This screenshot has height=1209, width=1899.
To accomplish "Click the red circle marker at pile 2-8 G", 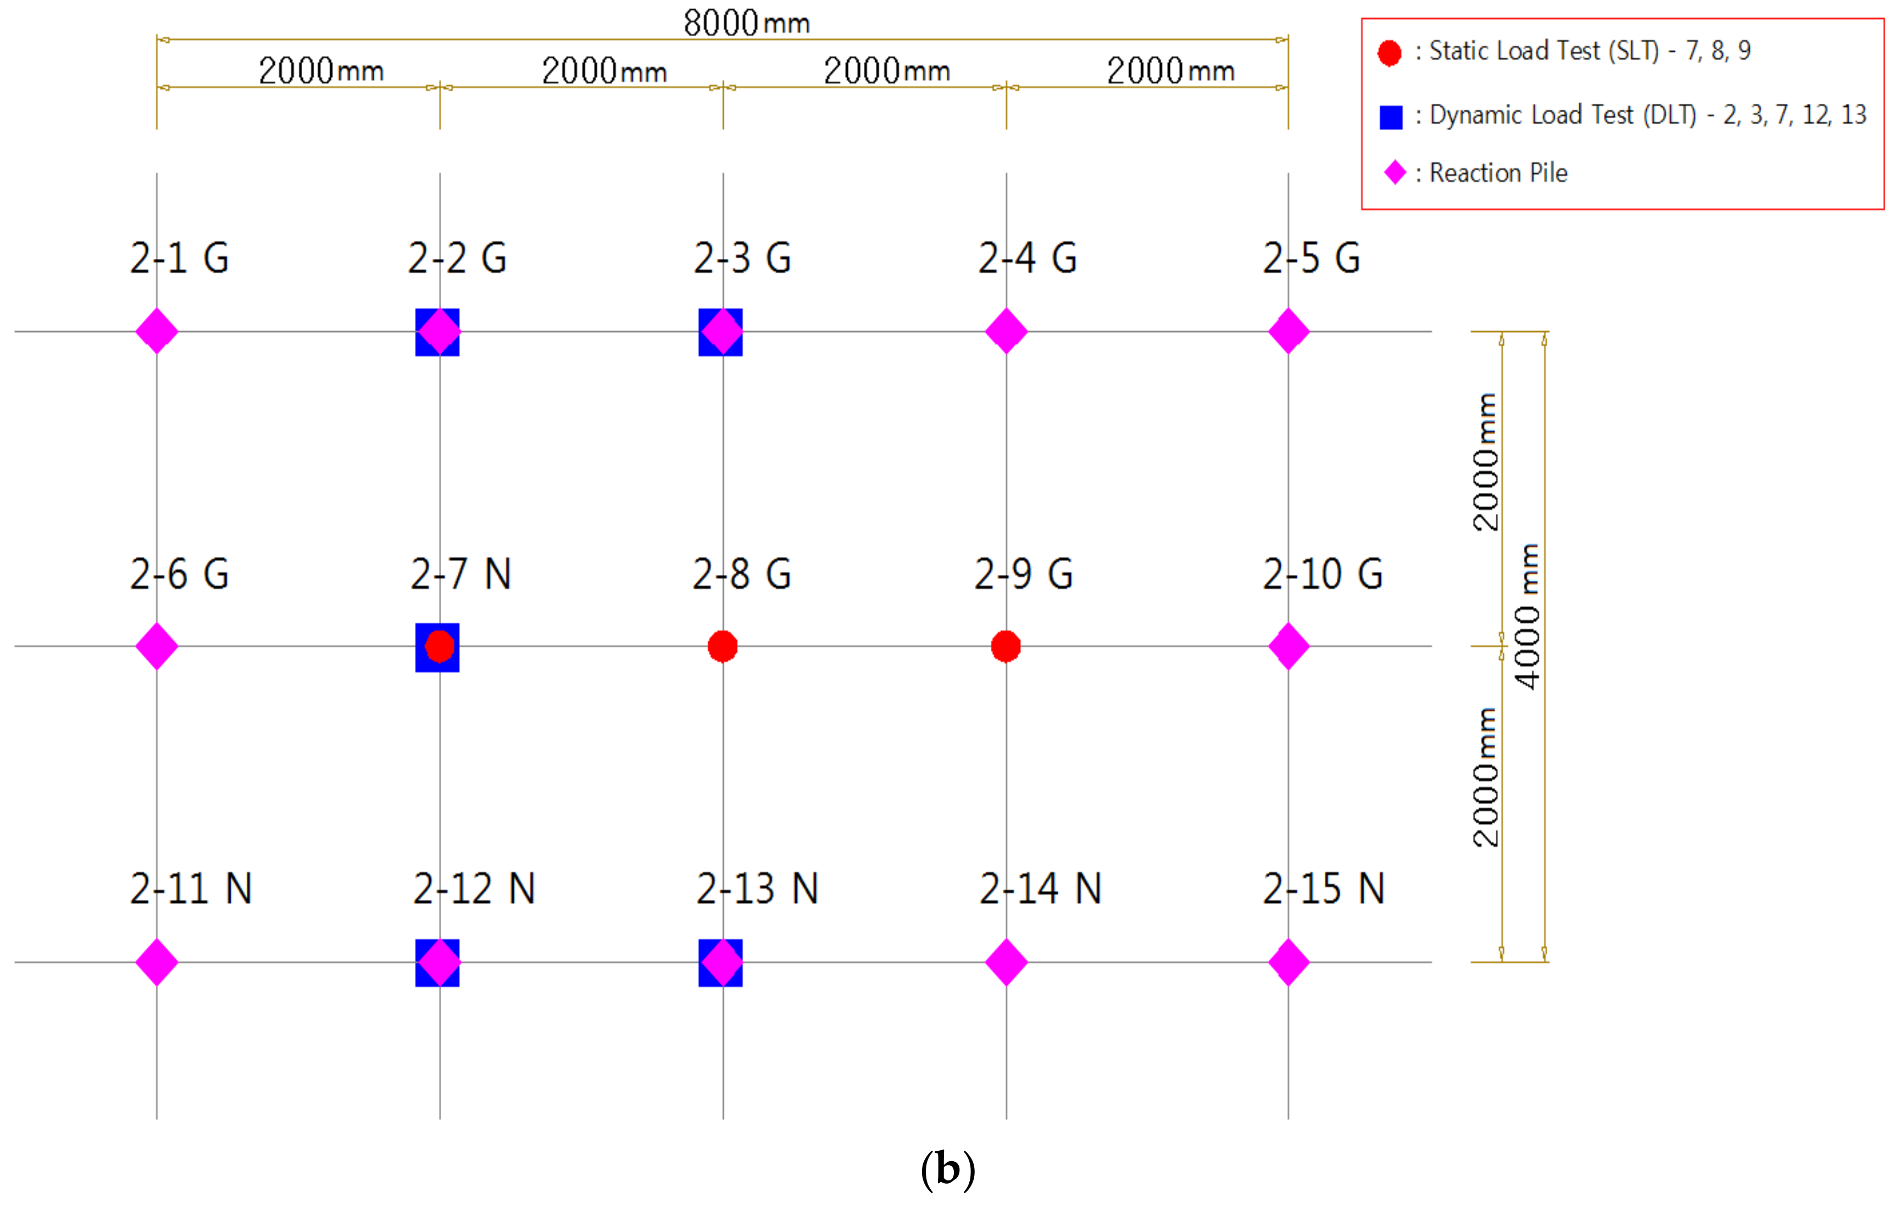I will tap(723, 647).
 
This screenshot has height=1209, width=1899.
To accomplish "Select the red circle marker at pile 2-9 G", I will tap(1006, 647).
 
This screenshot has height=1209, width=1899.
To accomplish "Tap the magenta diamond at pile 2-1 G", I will tap(157, 331).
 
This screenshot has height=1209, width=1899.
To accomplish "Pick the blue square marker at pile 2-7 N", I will tap(422, 662).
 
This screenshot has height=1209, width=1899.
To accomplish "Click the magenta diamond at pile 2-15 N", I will tap(1289, 962).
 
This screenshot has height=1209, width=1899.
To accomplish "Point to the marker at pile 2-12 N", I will tap(438, 962).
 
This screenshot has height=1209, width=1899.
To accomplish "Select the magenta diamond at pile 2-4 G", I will tap(1006, 331).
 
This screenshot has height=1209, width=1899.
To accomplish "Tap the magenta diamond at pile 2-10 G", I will tap(1289, 647).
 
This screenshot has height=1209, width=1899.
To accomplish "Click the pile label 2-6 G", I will tap(180, 574).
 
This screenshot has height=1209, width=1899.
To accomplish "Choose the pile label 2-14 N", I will tap(1040, 889).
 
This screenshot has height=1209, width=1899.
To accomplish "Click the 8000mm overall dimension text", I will tap(746, 23).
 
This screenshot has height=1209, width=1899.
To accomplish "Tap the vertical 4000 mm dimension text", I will tap(1528, 617).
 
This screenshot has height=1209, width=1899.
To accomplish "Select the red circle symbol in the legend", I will tap(1390, 53).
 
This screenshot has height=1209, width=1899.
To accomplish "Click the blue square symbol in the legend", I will tap(1391, 117).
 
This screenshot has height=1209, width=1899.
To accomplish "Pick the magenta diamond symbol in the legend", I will tap(1395, 173).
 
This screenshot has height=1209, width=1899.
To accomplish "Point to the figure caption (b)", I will tap(948, 1169).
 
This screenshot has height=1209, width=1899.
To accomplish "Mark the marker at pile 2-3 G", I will tap(721, 331).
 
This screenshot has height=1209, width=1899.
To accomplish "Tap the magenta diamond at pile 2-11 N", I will tap(157, 962).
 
